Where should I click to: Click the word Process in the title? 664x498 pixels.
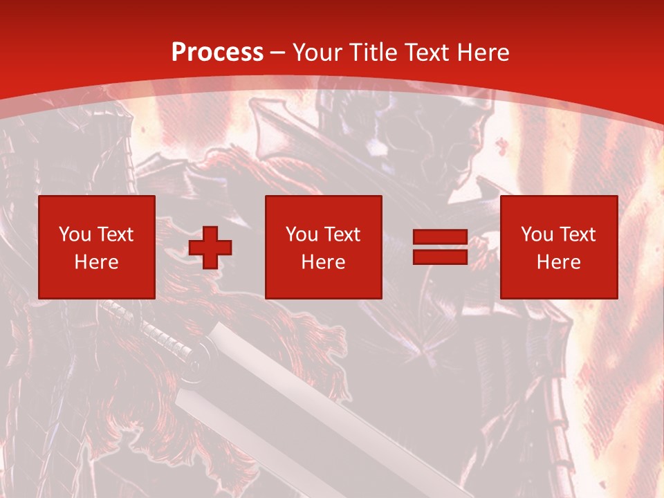tap(217, 53)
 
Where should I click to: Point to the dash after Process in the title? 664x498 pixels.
tap(278, 53)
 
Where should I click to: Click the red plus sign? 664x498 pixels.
tap(210, 248)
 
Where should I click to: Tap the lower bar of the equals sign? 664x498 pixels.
tap(440, 257)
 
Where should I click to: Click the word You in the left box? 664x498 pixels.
tap(75, 234)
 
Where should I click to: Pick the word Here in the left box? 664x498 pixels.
tap(96, 262)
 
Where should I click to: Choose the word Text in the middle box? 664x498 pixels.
tap(342, 234)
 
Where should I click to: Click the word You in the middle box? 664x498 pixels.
tap(302, 234)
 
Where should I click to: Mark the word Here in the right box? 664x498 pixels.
tap(558, 262)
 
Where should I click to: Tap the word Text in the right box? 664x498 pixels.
tap(578, 234)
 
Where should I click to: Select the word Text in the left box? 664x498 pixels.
tap(115, 234)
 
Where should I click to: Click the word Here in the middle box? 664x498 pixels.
tap(323, 262)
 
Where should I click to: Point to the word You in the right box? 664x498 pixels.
tap(537, 234)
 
